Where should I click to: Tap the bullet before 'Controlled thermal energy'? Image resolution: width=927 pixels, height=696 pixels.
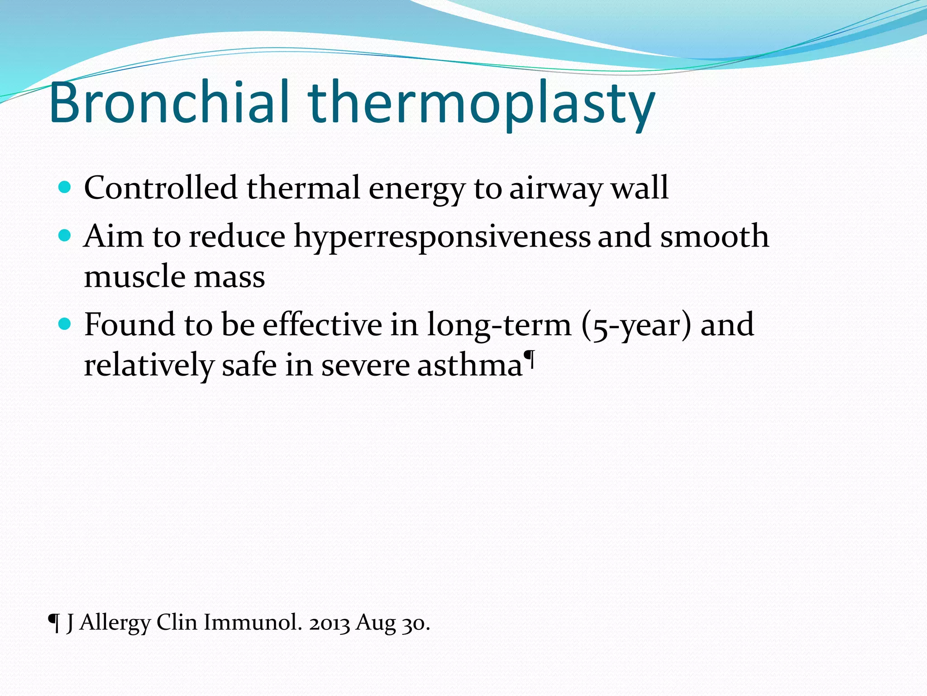(65, 187)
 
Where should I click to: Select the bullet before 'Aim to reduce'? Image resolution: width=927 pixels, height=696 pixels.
(65, 235)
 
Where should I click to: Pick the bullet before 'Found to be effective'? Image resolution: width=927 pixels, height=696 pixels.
(65, 324)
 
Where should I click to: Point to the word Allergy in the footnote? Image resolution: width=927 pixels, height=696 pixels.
(115, 623)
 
